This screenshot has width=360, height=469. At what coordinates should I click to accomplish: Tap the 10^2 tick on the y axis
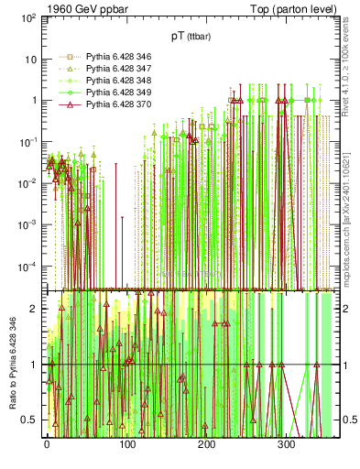28,18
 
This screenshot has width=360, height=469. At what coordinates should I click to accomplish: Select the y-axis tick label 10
31,60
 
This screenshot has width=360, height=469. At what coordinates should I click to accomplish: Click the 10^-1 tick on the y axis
28,142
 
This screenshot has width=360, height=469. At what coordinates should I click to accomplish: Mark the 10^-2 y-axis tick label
28,183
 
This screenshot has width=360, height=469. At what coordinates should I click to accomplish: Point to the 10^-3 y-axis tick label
28,224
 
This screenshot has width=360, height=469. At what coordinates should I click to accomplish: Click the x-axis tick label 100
126,446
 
